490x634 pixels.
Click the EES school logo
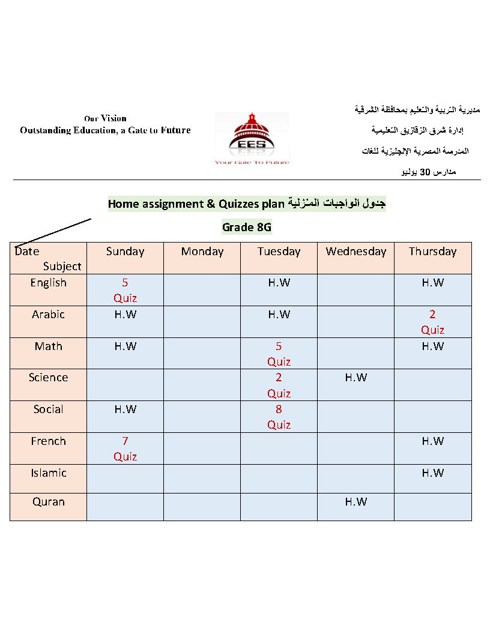pos(252,138)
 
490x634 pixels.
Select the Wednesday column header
pos(356,252)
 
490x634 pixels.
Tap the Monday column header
pos(202,252)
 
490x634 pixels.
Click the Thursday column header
pos(432,252)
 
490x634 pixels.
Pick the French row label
pos(49,441)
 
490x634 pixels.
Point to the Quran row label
pos(49,502)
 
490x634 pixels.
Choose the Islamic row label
pos(49,473)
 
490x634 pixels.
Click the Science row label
pos(49,378)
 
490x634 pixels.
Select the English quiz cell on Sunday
pos(125,290)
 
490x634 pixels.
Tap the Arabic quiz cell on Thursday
pos(432,322)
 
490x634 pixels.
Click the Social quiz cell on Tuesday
pos(279,417)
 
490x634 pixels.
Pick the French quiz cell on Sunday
pos(125,448)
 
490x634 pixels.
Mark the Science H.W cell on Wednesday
pos(356,378)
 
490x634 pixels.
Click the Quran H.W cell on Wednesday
pos(356,502)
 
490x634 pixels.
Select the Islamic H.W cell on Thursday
pos(432,473)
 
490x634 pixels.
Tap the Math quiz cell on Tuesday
pos(279,354)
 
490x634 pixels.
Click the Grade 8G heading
pos(247,227)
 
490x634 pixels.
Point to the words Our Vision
pos(105,118)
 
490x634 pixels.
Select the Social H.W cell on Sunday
pos(125,409)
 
